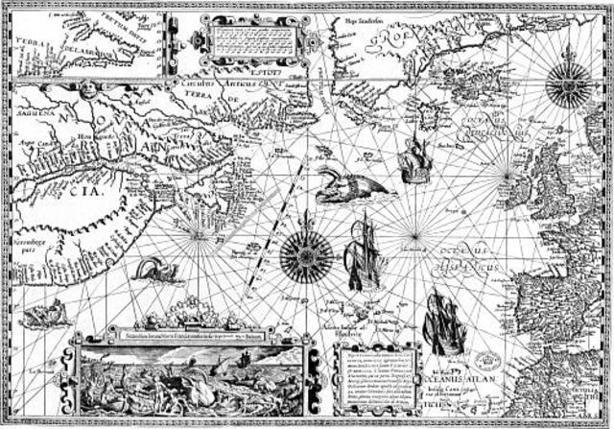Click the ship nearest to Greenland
(415, 159)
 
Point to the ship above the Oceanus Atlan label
(444, 322)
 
